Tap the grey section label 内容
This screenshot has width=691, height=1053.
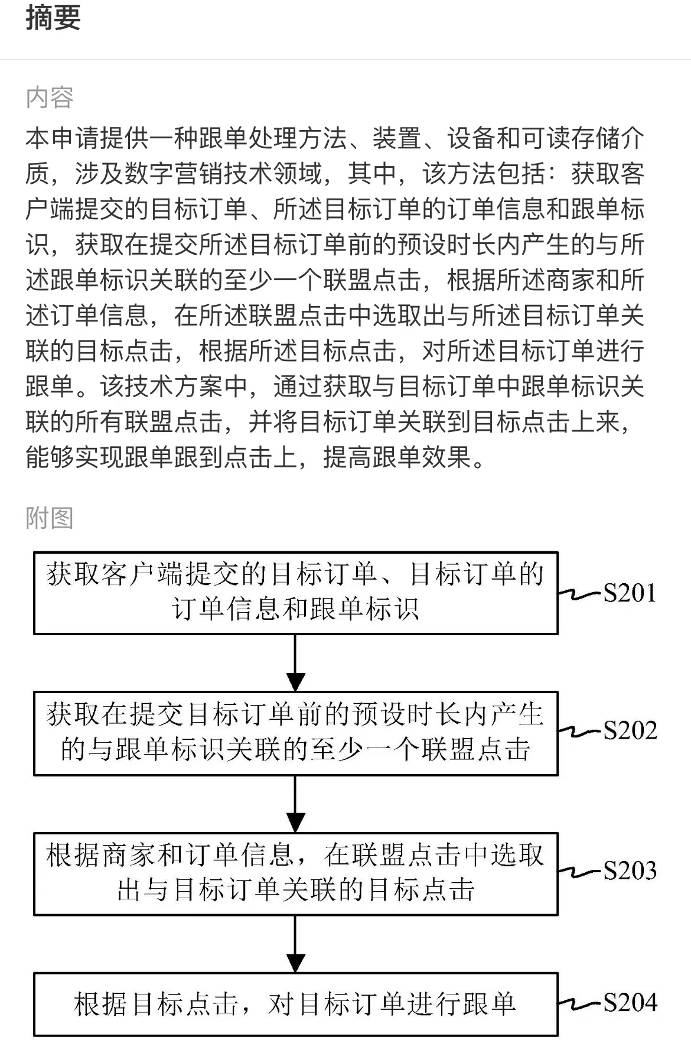pos(50,97)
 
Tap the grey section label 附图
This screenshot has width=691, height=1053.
pos(50,518)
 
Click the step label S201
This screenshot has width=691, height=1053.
pos(630,593)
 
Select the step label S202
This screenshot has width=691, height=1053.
pos(630,731)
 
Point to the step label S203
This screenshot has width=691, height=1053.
pos(630,870)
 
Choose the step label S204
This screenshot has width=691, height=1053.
pos(630,1003)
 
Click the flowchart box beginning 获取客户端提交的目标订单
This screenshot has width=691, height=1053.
pos(296,593)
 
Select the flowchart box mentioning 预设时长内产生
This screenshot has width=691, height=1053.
pos(296,733)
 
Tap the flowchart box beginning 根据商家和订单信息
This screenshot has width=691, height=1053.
pos(296,873)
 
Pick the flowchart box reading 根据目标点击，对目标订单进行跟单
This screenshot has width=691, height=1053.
pos(296,1004)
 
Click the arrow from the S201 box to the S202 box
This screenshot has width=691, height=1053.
pos(295,663)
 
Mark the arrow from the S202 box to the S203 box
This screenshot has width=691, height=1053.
pos(295,804)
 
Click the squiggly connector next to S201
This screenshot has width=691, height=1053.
pos(580,593)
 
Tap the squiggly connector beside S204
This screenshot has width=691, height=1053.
pos(580,1003)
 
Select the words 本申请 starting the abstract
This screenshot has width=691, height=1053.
pos(63,138)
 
